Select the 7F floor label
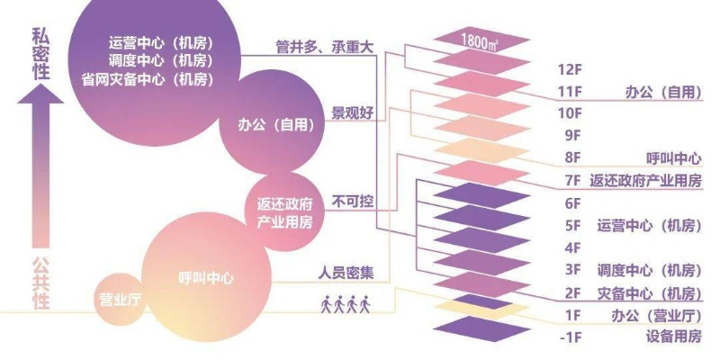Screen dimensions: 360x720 click(x=571, y=180)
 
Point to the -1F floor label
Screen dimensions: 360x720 click(x=571, y=337)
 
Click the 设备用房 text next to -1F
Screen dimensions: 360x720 click(x=673, y=337)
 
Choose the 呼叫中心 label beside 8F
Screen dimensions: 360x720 click(x=673, y=157)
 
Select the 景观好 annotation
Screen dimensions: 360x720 click(x=352, y=114)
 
